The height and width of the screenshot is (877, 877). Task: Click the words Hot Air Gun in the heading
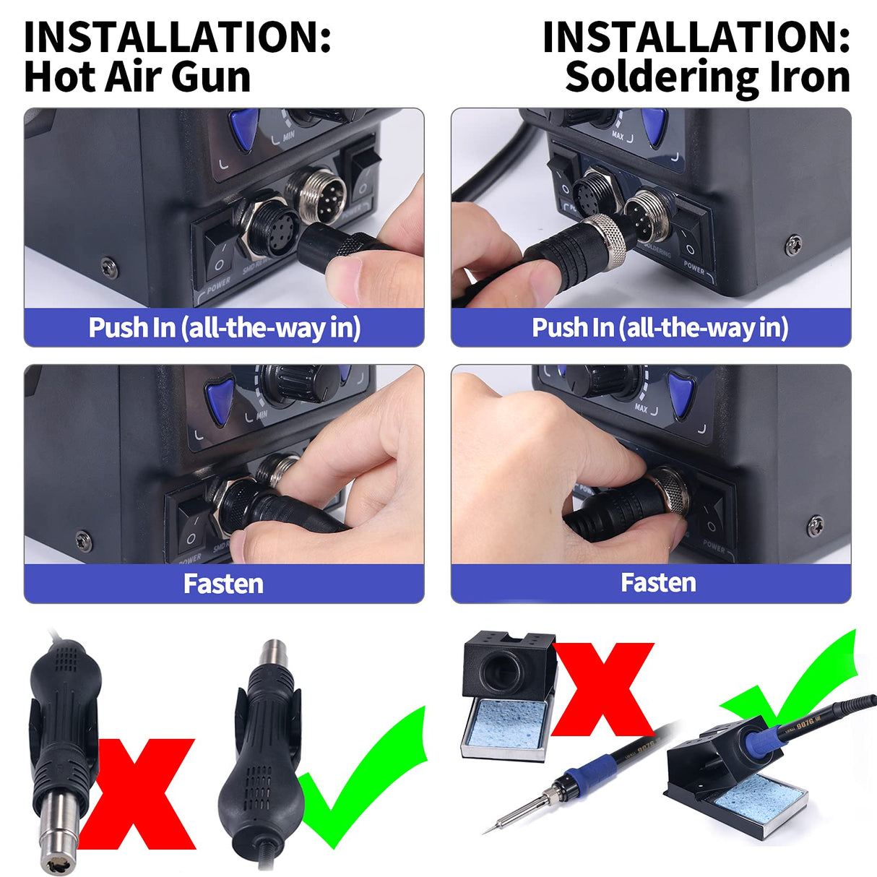pyautogui.click(x=137, y=77)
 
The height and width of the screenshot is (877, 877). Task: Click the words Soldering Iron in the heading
pyautogui.click(x=707, y=77)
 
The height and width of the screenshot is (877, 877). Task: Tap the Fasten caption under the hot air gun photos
pyautogui.click(x=223, y=584)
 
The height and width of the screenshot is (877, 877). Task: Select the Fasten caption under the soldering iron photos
pyautogui.click(x=658, y=583)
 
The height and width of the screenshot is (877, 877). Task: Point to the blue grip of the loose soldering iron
pyautogui.click(x=589, y=769)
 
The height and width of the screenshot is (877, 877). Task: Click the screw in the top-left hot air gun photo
pyautogui.click(x=109, y=267)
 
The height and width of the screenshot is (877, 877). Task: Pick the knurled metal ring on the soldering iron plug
pyautogui.click(x=608, y=238)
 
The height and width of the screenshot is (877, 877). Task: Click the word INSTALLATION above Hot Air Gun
pyautogui.click(x=177, y=38)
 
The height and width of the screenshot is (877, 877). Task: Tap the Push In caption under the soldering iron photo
pyautogui.click(x=660, y=328)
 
